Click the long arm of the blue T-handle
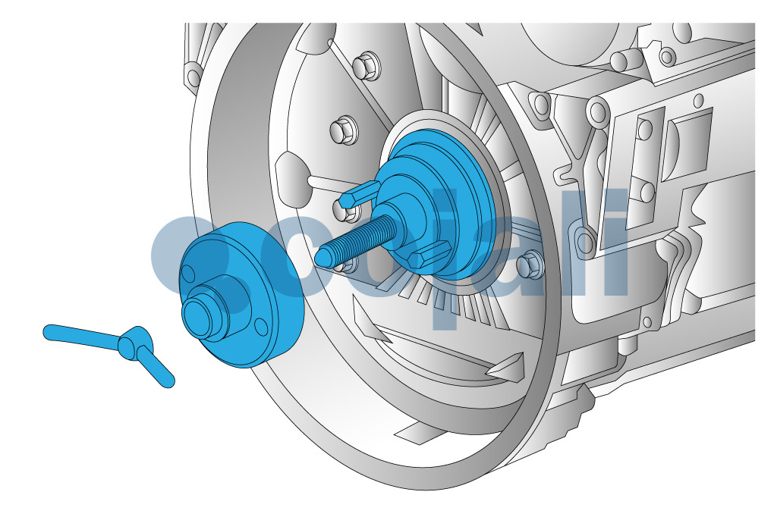coord(80,336)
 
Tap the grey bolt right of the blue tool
coord(530,265)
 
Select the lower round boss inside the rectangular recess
coord(646,191)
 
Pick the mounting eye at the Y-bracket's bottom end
coord(584,241)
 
